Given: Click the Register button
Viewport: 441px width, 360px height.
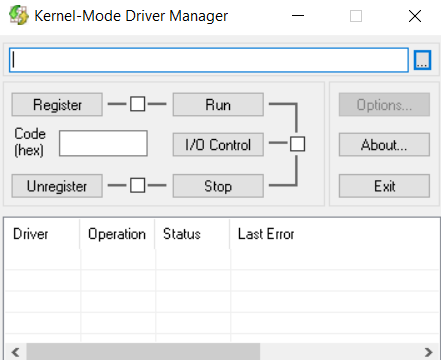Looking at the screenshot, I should (x=57, y=104).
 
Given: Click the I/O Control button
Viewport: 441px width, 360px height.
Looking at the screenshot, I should (x=218, y=144).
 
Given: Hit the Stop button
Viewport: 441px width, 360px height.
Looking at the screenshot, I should (x=218, y=185).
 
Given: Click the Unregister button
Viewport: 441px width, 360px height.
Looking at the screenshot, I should (x=57, y=185).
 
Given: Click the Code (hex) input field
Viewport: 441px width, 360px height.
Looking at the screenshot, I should (x=103, y=143).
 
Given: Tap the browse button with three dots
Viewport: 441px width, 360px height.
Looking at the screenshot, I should (x=422, y=61).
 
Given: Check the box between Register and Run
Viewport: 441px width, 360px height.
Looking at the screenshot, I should (x=138, y=104).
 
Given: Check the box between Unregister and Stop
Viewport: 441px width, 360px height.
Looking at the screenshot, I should (x=138, y=185).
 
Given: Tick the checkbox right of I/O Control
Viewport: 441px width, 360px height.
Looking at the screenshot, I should (x=297, y=144).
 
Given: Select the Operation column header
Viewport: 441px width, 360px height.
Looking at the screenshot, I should (x=117, y=234).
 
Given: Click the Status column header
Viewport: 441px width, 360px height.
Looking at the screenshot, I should (x=191, y=234).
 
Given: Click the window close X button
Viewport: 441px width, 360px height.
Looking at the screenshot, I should (x=414, y=17).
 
